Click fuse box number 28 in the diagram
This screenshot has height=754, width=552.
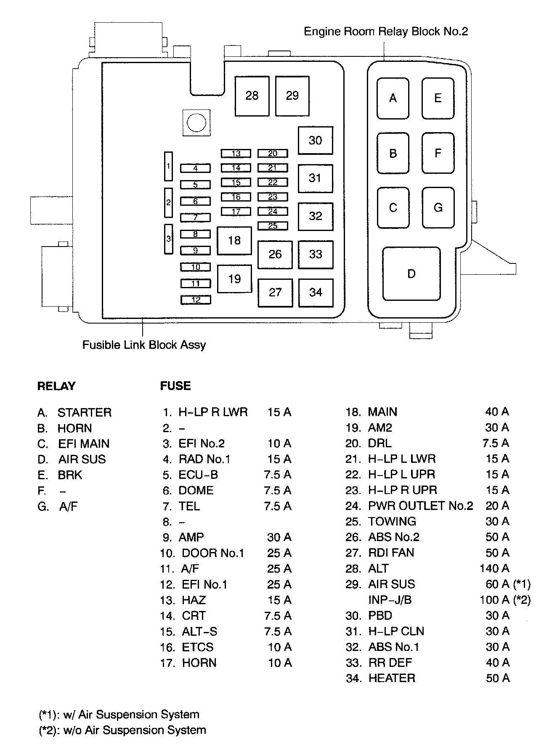tap(252, 96)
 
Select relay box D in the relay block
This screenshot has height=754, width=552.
tap(411, 274)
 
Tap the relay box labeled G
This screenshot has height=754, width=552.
tap(438, 208)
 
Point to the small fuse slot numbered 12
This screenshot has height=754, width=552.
tap(196, 300)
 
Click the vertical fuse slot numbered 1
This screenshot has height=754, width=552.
tap(168, 166)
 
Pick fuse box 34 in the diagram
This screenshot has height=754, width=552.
tap(316, 292)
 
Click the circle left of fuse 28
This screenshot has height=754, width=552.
tap(196, 123)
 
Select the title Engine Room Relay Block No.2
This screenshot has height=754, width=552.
tap(385, 32)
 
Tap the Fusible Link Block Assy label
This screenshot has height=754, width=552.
tap(144, 345)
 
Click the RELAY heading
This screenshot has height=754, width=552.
tap(56, 386)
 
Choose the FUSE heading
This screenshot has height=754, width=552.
tap(175, 386)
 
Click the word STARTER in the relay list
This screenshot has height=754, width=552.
tap(85, 412)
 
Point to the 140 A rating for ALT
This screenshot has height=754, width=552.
tap(494, 569)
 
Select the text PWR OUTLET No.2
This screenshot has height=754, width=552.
tap(420, 506)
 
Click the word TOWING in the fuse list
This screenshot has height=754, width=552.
tap(392, 522)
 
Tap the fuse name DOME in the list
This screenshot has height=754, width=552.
tap(196, 491)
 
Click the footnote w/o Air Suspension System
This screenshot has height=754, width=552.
tap(135, 730)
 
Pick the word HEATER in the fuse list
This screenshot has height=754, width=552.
tap(392, 678)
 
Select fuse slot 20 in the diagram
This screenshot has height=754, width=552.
tap(273, 154)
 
